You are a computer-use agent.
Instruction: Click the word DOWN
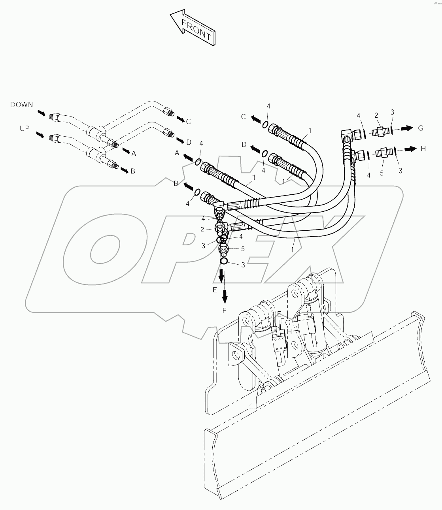click(x=22, y=105)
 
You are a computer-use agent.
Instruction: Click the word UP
click(x=25, y=128)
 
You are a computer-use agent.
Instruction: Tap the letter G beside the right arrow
click(x=421, y=128)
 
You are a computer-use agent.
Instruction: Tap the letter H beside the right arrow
click(x=423, y=149)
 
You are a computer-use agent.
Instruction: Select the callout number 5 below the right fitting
click(x=382, y=173)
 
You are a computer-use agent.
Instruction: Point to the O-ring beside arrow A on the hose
click(x=198, y=162)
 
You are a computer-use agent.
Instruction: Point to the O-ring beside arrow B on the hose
click(x=197, y=192)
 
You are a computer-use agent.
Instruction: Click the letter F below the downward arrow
click(x=224, y=311)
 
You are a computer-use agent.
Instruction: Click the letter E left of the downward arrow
click(x=215, y=290)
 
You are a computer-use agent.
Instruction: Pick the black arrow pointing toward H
click(x=408, y=149)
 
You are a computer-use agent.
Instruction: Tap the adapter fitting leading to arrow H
click(x=383, y=152)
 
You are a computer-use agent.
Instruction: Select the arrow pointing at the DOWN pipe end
click(x=41, y=113)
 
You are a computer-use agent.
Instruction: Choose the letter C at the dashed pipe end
click(x=188, y=122)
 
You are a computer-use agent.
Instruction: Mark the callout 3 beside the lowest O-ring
click(x=243, y=265)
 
